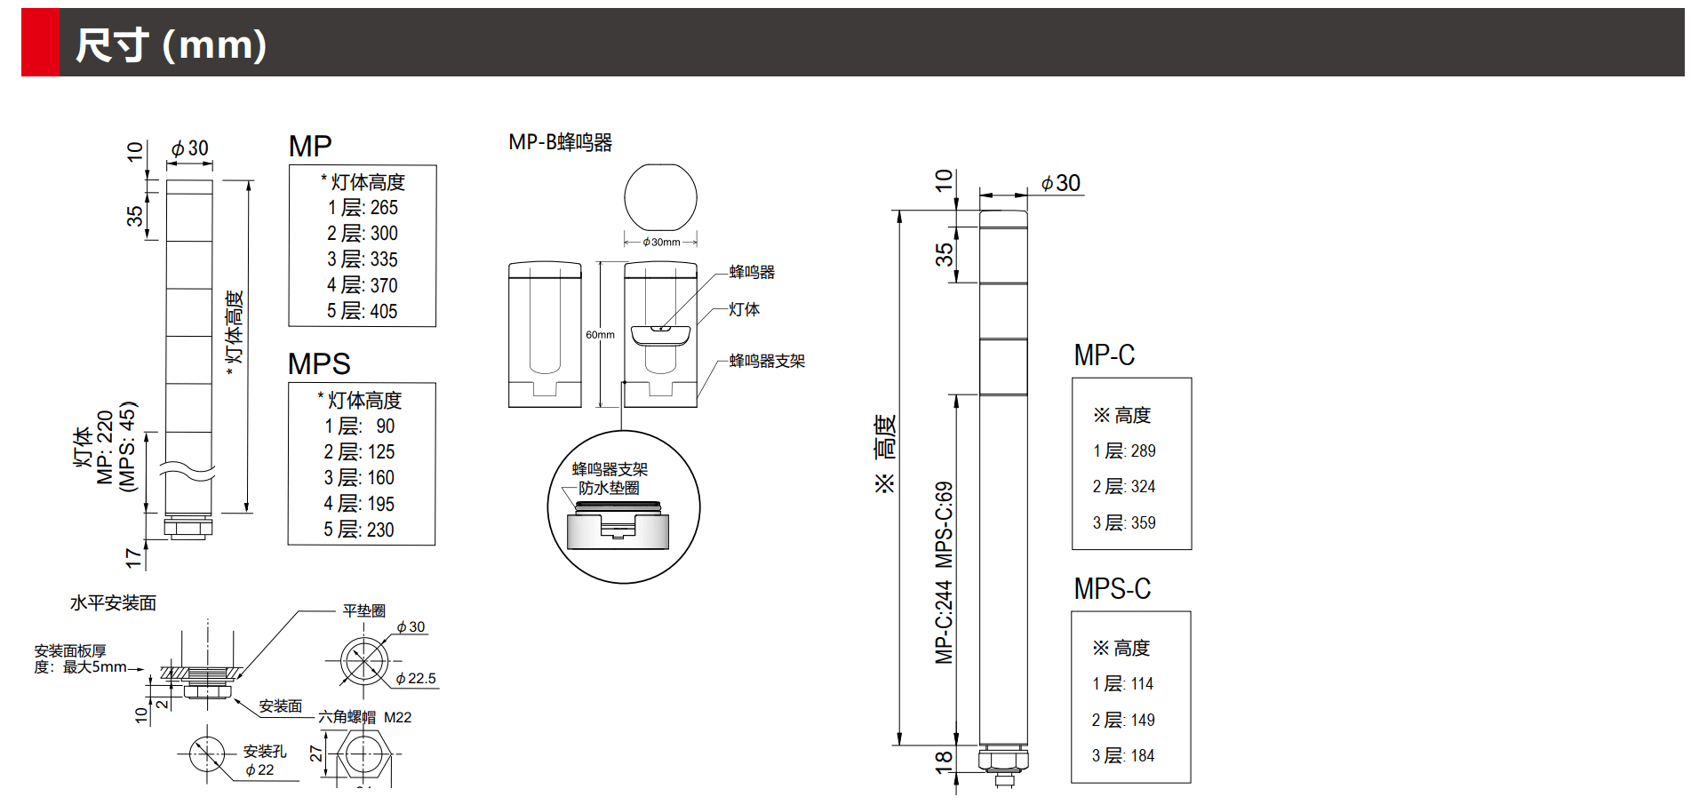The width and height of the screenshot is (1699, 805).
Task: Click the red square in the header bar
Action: pyautogui.click(x=41, y=43)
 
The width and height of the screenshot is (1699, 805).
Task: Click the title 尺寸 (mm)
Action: pyautogui.click(x=171, y=44)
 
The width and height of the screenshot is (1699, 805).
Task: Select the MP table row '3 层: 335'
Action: pyautogui.click(x=363, y=259)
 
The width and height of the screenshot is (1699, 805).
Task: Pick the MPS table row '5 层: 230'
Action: pyautogui.click(x=359, y=530)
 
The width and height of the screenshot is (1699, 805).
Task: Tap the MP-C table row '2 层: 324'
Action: pyautogui.click(x=1124, y=487)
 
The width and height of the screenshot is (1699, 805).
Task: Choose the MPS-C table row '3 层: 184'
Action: pyautogui.click(x=1123, y=756)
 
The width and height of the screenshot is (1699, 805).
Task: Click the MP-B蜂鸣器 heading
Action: pyautogui.click(x=560, y=142)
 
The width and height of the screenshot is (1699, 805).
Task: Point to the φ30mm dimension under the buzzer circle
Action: pyautogui.click(x=661, y=242)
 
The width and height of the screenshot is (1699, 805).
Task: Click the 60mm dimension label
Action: pyautogui.click(x=600, y=335)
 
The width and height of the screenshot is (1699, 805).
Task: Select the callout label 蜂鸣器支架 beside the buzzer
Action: pyautogui.click(x=767, y=361)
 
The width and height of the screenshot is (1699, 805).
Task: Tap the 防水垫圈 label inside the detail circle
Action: pyautogui.click(x=609, y=488)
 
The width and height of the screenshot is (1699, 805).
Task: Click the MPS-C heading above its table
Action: pyautogui.click(x=1112, y=588)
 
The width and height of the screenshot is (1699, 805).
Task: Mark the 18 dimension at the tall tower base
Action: pyautogui.click(x=944, y=761)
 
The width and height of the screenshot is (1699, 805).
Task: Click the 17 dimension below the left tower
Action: pyautogui.click(x=133, y=558)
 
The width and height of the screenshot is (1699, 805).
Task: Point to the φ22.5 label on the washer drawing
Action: pyautogui.click(x=416, y=679)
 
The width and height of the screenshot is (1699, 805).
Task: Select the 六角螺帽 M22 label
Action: pyautogui.click(x=365, y=717)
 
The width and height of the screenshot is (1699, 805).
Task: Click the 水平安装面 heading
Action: pyautogui.click(x=113, y=603)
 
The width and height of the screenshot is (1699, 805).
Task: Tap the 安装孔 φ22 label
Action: pyautogui.click(x=264, y=761)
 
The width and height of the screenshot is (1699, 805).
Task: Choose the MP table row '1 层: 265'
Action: pyautogui.click(x=363, y=208)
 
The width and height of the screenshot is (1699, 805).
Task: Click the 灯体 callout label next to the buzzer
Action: pyautogui.click(x=745, y=309)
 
